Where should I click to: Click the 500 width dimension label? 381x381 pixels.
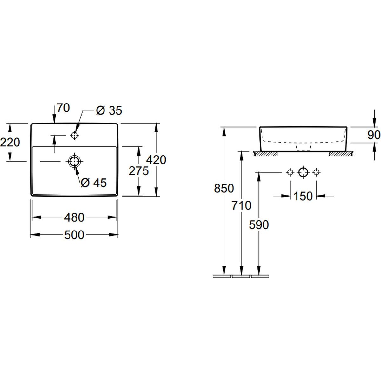(74, 235)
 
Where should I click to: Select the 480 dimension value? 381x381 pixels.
(74, 217)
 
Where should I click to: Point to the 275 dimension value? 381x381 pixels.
(139, 171)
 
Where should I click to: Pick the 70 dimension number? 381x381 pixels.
(63, 108)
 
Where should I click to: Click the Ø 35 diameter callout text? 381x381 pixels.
(109, 110)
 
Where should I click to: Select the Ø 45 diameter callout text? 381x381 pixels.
(94, 183)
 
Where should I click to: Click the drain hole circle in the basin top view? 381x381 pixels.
(74, 161)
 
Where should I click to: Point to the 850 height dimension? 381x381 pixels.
(224, 188)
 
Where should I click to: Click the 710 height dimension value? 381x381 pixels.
(241, 205)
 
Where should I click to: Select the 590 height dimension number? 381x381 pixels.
(259, 225)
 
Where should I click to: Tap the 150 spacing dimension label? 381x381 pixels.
(303, 196)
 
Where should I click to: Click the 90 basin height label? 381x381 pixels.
(374, 135)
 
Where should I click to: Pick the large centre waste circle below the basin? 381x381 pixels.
(303, 172)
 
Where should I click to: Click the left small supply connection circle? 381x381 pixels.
(290, 172)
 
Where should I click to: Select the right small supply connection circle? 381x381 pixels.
(316, 172)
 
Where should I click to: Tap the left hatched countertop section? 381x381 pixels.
(266, 154)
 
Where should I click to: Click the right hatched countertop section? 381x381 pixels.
(341, 154)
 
